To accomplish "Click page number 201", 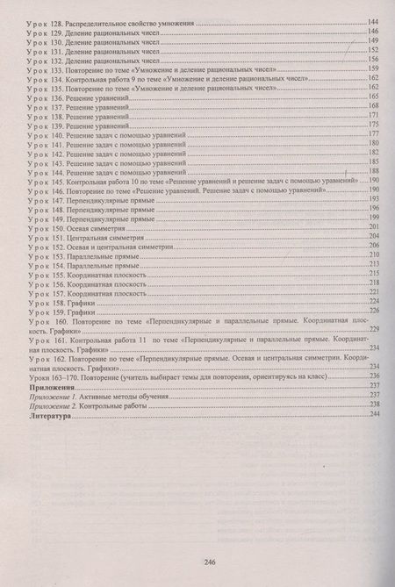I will click(x=372, y=226).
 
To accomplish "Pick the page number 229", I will click(x=372, y=328).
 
